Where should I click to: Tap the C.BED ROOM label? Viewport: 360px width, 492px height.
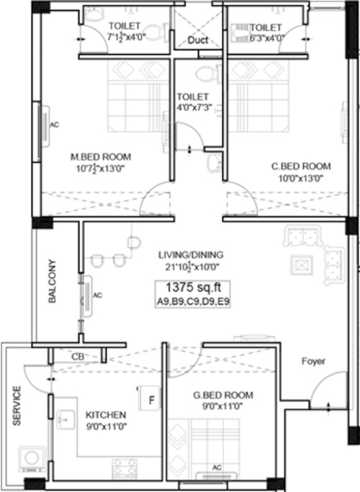tap(301, 165)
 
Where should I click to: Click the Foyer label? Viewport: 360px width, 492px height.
tap(313, 360)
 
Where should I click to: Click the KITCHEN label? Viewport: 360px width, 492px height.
tap(106, 415)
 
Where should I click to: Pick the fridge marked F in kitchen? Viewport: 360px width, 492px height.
tap(152, 398)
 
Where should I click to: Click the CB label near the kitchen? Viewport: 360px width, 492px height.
tap(77, 356)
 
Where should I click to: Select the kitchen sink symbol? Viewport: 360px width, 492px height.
tap(64, 419)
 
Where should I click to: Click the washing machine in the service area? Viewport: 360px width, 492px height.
tap(31, 457)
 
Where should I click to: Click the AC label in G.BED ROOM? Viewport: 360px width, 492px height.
tap(217, 468)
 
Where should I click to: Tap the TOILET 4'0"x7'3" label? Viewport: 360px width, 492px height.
tap(193, 101)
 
